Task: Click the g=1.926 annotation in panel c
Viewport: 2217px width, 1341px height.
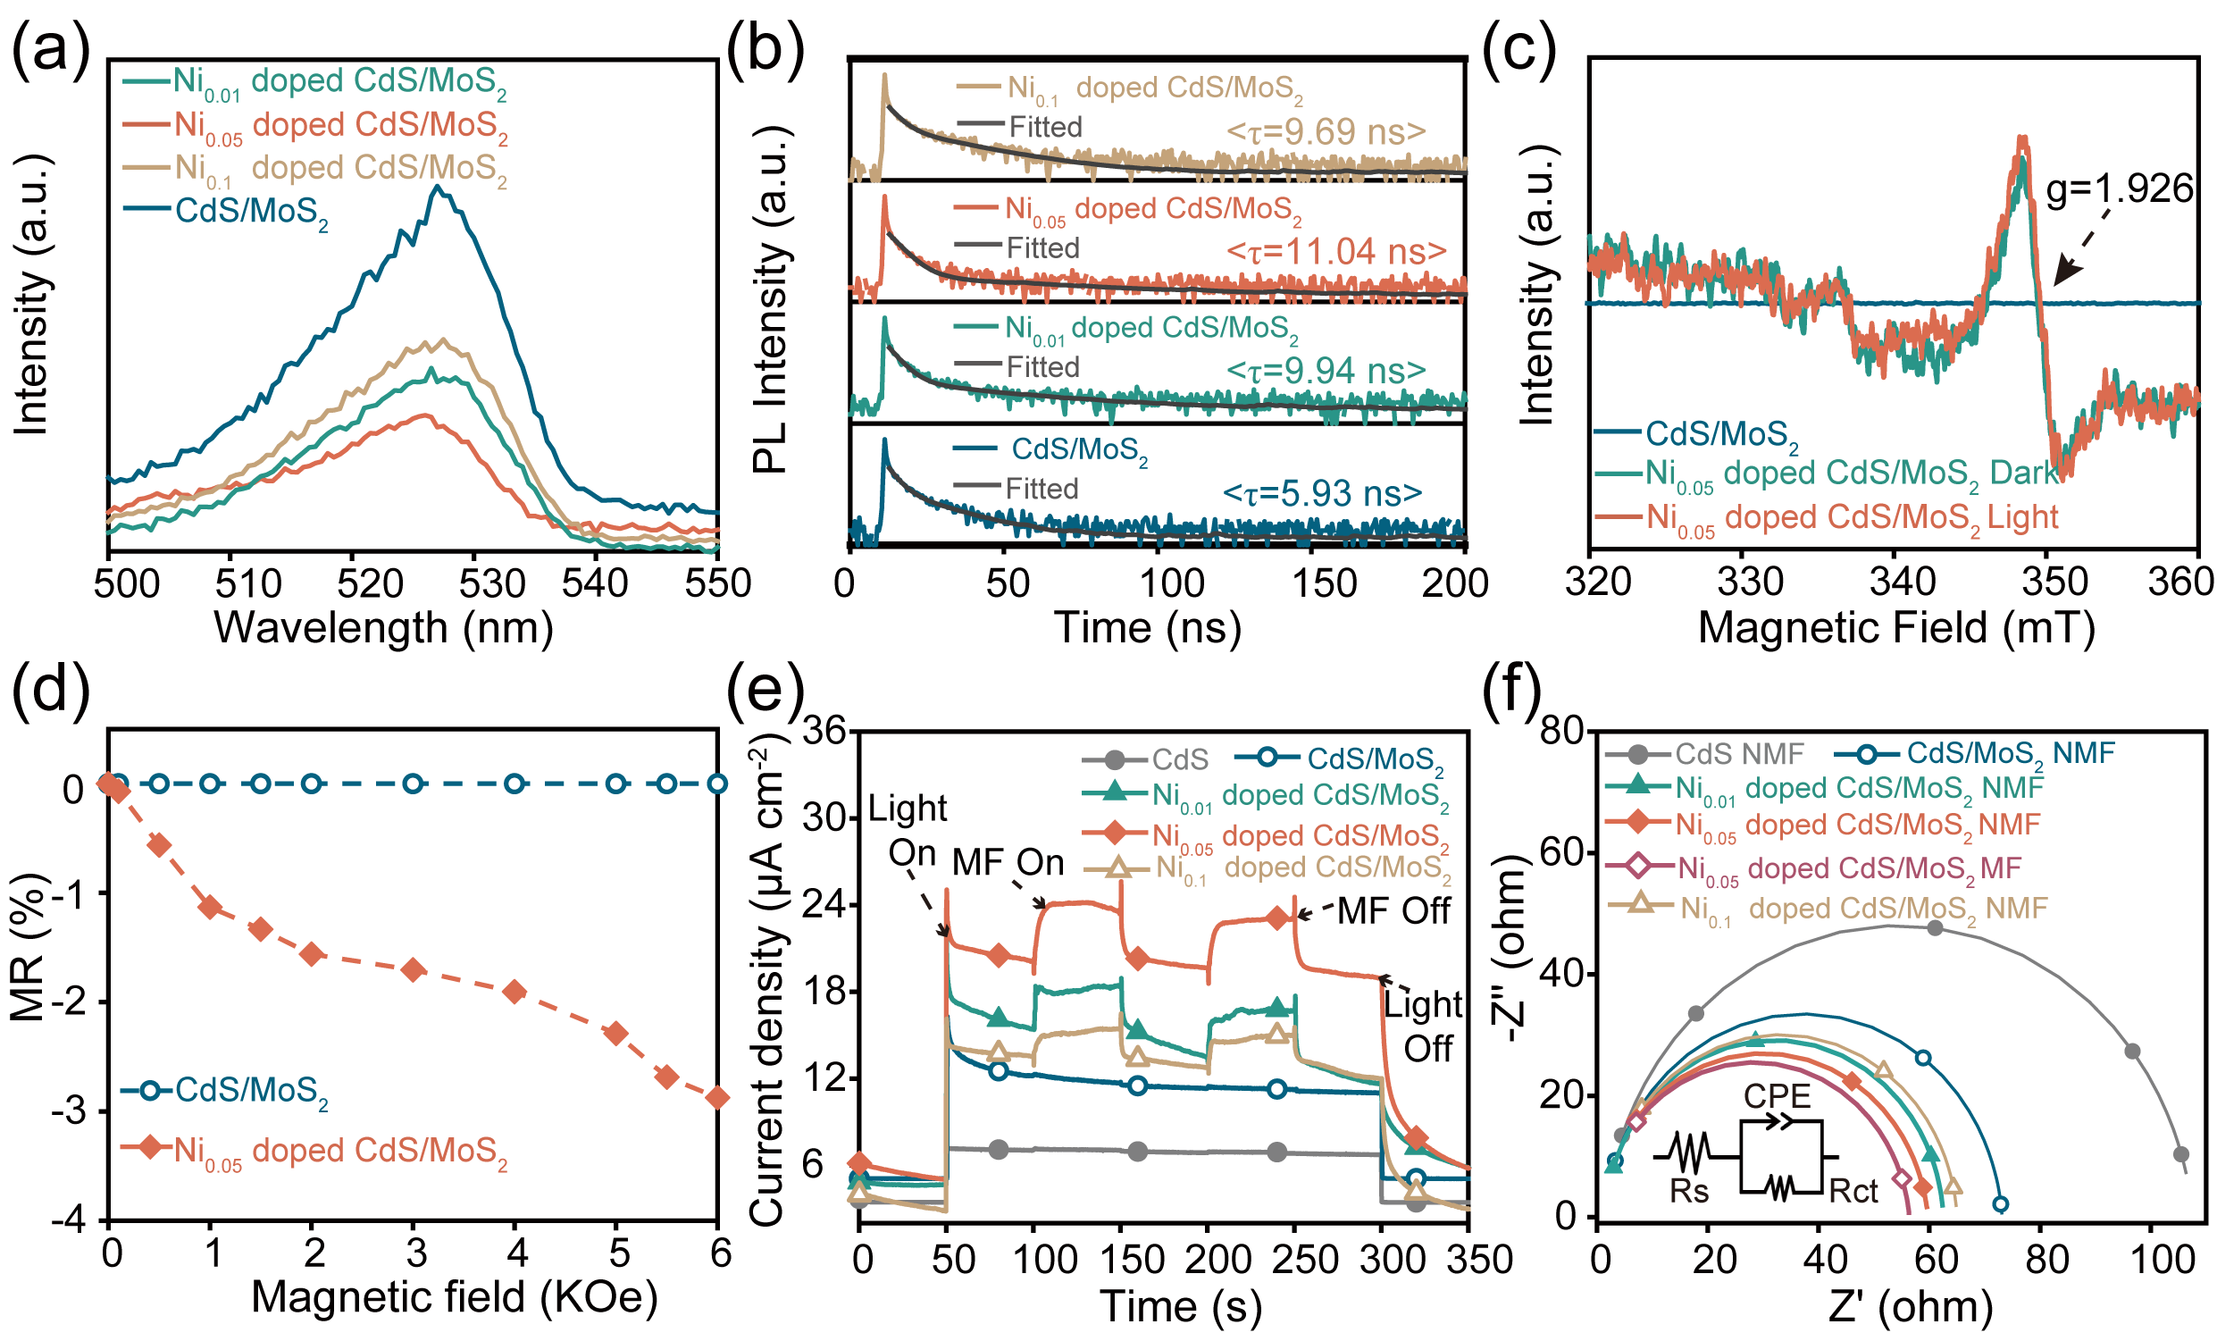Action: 2119,190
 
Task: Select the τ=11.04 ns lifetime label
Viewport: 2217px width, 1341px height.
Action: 1336,252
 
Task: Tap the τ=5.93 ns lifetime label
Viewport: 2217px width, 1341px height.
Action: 1322,493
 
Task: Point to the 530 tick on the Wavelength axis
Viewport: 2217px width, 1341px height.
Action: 492,583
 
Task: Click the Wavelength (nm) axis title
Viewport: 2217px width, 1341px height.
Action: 383,627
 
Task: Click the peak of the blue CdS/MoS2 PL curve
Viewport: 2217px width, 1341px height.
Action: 439,188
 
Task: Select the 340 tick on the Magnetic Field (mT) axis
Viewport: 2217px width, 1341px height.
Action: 1902,582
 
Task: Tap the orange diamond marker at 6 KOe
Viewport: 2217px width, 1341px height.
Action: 717,1097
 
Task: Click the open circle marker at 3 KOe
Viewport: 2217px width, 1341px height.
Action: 413,784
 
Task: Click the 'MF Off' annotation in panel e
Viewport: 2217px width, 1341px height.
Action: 1393,911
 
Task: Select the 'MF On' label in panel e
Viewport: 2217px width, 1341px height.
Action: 1008,862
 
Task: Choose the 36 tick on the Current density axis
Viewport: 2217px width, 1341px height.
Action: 824,731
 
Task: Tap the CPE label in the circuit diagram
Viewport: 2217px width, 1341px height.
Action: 1777,1096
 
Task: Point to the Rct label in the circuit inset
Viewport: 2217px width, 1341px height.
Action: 1853,1192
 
